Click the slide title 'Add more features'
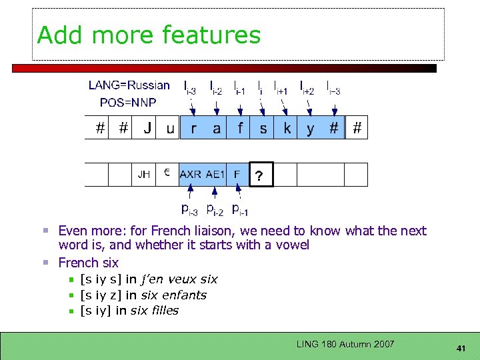[x=149, y=35]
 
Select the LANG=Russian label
[x=129, y=85]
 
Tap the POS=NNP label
[x=127, y=102]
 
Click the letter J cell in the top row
[x=147, y=128]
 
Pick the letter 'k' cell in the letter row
[x=287, y=128]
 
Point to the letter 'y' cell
[x=310, y=128]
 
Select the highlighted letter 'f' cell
[x=240, y=128]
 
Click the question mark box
[x=261, y=175]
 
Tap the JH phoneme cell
[x=143, y=175]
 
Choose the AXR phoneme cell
[x=191, y=175]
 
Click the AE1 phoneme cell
[x=215, y=175]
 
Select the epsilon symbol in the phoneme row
[x=167, y=173]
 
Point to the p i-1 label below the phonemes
[x=239, y=210]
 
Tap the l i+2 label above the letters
[x=307, y=87]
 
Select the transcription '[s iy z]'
[x=101, y=295]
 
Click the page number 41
[x=460, y=348]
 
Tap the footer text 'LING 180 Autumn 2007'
[x=345, y=344]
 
